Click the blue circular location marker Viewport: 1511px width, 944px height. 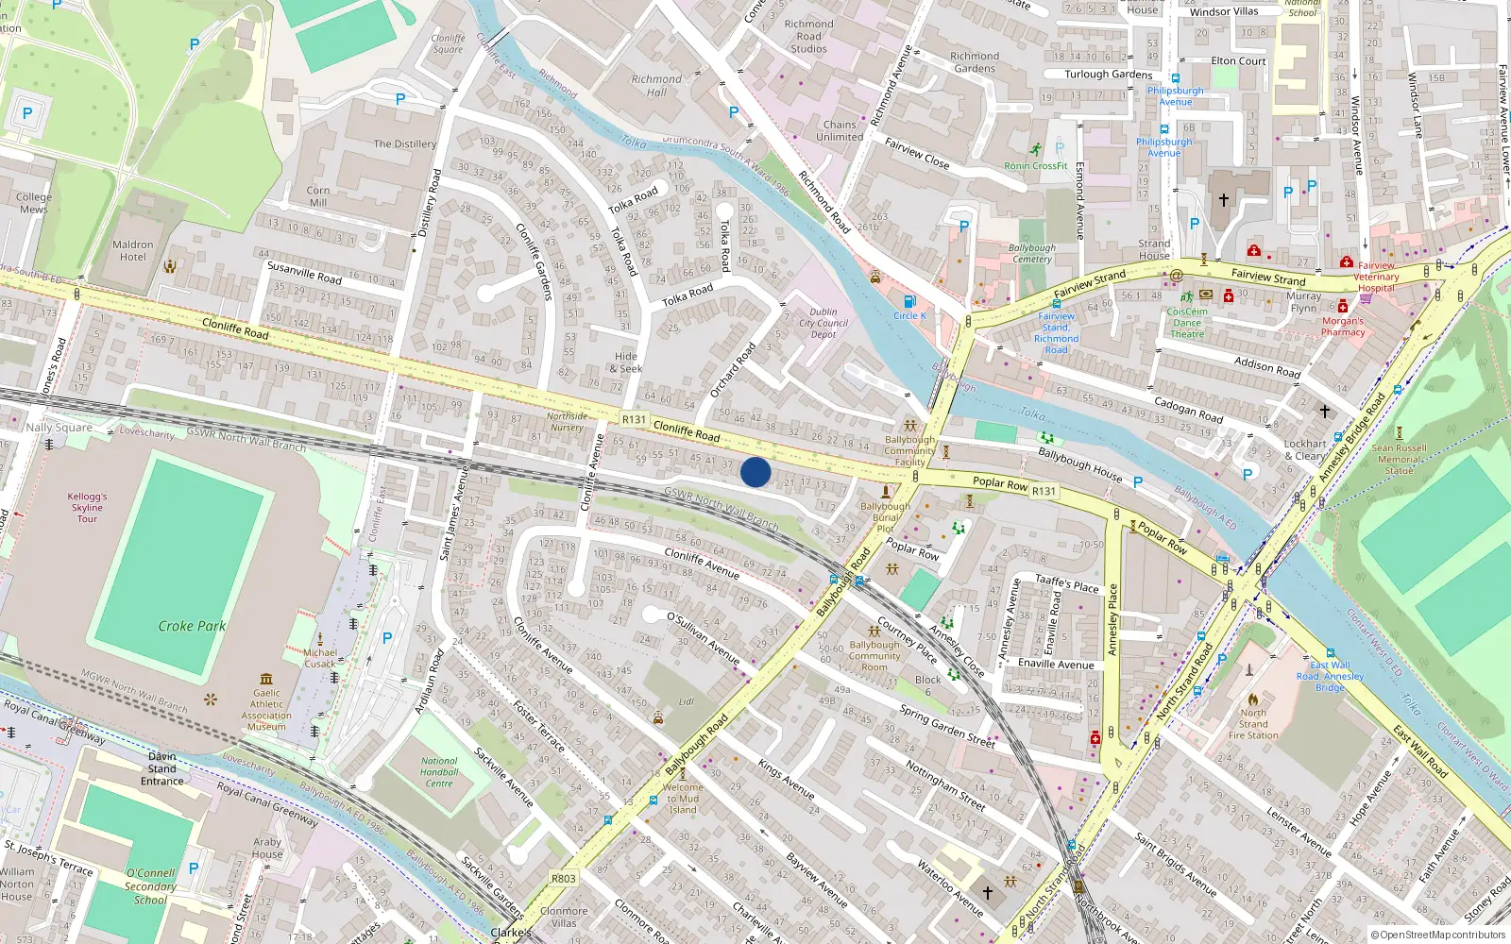click(x=755, y=472)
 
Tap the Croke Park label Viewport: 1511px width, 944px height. click(x=192, y=626)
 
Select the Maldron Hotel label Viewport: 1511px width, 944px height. click(x=133, y=250)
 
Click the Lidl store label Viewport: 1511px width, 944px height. click(x=687, y=701)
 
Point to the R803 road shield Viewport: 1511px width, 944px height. click(x=563, y=878)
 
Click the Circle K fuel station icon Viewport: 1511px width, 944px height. click(x=909, y=302)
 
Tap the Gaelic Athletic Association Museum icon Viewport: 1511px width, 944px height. click(x=266, y=679)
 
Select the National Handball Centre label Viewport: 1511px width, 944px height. click(x=439, y=772)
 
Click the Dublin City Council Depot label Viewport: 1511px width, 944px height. click(x=823, y=323)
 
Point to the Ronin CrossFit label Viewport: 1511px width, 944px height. click(x=1036, y=166)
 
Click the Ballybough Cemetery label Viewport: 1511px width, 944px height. click(x=1032, y=253)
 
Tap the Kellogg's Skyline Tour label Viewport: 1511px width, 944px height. click(x=87, y=507)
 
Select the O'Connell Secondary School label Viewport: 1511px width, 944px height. click(x=150, y=886)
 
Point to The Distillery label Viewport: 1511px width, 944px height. click(x=404, y=144)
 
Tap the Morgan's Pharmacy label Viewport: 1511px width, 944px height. click(x=1343, y=327)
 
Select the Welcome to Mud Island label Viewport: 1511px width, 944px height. click(x=683, y=799)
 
